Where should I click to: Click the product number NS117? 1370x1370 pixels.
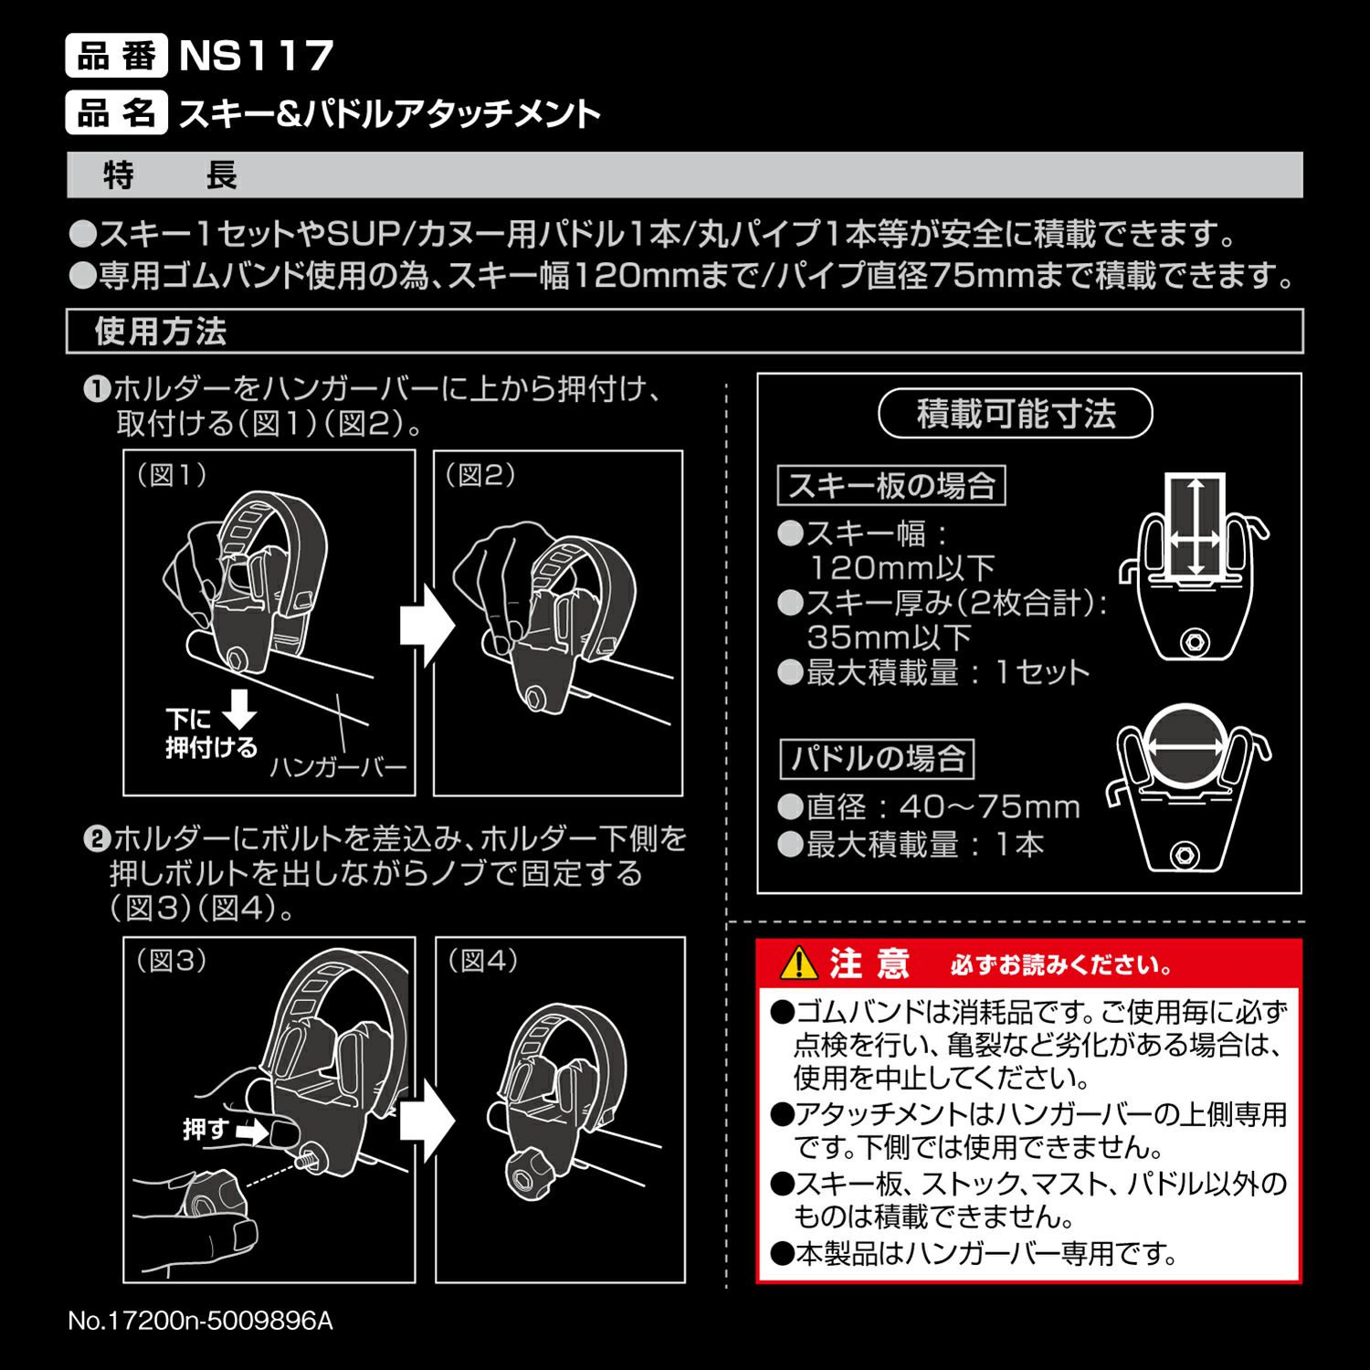coord(257,56)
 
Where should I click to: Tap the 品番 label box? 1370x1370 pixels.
coord(116,56)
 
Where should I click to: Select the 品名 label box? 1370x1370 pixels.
coord(116,113)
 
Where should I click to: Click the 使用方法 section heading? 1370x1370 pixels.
coord(161,332)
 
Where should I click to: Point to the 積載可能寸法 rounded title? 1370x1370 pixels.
coord(1016,415)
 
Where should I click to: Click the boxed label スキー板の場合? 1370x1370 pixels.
coord(891,486)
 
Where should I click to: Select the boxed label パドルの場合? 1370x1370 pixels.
coord(878,759)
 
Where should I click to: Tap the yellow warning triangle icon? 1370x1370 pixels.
coord(798,963)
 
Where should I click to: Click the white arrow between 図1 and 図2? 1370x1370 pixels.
coord(426,627)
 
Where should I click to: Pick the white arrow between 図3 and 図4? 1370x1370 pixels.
coord(427,1121)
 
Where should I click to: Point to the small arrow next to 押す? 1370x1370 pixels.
coord(253,1133)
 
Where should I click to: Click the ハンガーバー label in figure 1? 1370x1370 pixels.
coord(338,767)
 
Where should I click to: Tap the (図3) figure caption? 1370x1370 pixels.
coord(172,961)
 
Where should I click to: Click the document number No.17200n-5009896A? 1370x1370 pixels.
coord(201,1322)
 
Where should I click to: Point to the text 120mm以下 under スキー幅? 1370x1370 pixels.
coord(901,568)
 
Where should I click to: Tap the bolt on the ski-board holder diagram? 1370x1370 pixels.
coord(1194,642)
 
